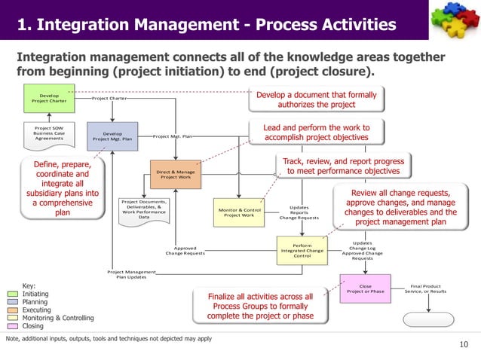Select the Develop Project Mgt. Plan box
click(x=112, y=136)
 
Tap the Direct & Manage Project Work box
click(x=175, y=175)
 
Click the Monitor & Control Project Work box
click(x=240, y=213)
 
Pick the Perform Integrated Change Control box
click(x=302, y=250)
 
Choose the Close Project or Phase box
click(x=366, y=288)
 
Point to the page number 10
click(x=463, y=345)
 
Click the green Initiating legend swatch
click(x=12, y=294)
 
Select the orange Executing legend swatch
click(x=12, y=310)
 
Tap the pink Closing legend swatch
click(x=12, y=327)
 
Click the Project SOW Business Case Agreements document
click(x=49, y=133)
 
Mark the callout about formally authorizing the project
click(x=317, y=100)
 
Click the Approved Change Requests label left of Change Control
click(x=185, y=251)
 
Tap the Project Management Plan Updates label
click(x=131, y=274)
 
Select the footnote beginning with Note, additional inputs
click(x=109, y=338)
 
